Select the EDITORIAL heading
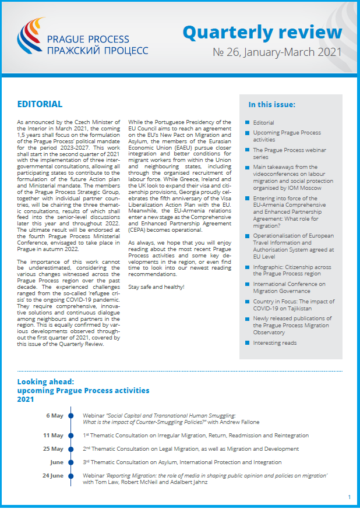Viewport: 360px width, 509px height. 40,104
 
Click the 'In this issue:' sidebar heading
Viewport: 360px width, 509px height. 271,105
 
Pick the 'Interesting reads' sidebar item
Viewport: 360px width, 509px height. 274,343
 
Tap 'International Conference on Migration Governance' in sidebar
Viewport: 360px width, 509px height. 289,288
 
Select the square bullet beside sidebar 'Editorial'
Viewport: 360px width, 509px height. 247,123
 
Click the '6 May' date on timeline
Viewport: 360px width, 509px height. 54,416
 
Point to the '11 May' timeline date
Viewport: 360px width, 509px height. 53,435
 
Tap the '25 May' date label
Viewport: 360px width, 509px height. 53,449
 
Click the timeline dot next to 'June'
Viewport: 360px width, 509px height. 71,462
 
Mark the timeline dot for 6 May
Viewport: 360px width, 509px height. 71,416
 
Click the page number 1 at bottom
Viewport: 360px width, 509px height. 349,497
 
